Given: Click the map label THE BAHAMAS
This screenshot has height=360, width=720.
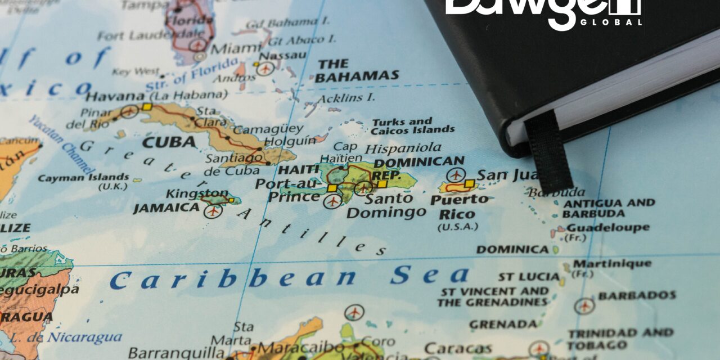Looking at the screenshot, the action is click(357, 70).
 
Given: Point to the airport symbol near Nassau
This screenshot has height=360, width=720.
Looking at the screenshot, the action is click(264, 69).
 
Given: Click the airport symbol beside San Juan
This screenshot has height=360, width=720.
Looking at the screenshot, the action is click(454, 175).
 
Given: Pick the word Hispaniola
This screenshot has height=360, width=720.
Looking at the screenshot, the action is click(403, 148).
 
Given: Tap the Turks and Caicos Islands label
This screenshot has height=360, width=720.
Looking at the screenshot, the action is click(412, 125).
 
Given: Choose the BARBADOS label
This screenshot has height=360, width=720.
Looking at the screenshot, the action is click(637, 295).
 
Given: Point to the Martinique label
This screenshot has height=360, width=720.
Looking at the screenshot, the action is click(612, 264).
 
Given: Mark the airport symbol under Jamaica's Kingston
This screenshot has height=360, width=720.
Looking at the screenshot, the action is click(213, 211).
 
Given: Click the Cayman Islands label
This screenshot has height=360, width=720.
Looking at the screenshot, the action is click(83, 178).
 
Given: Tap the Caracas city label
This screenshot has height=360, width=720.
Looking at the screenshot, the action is click(459, 348).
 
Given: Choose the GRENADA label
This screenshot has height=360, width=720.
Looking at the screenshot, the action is click(503, 325).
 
